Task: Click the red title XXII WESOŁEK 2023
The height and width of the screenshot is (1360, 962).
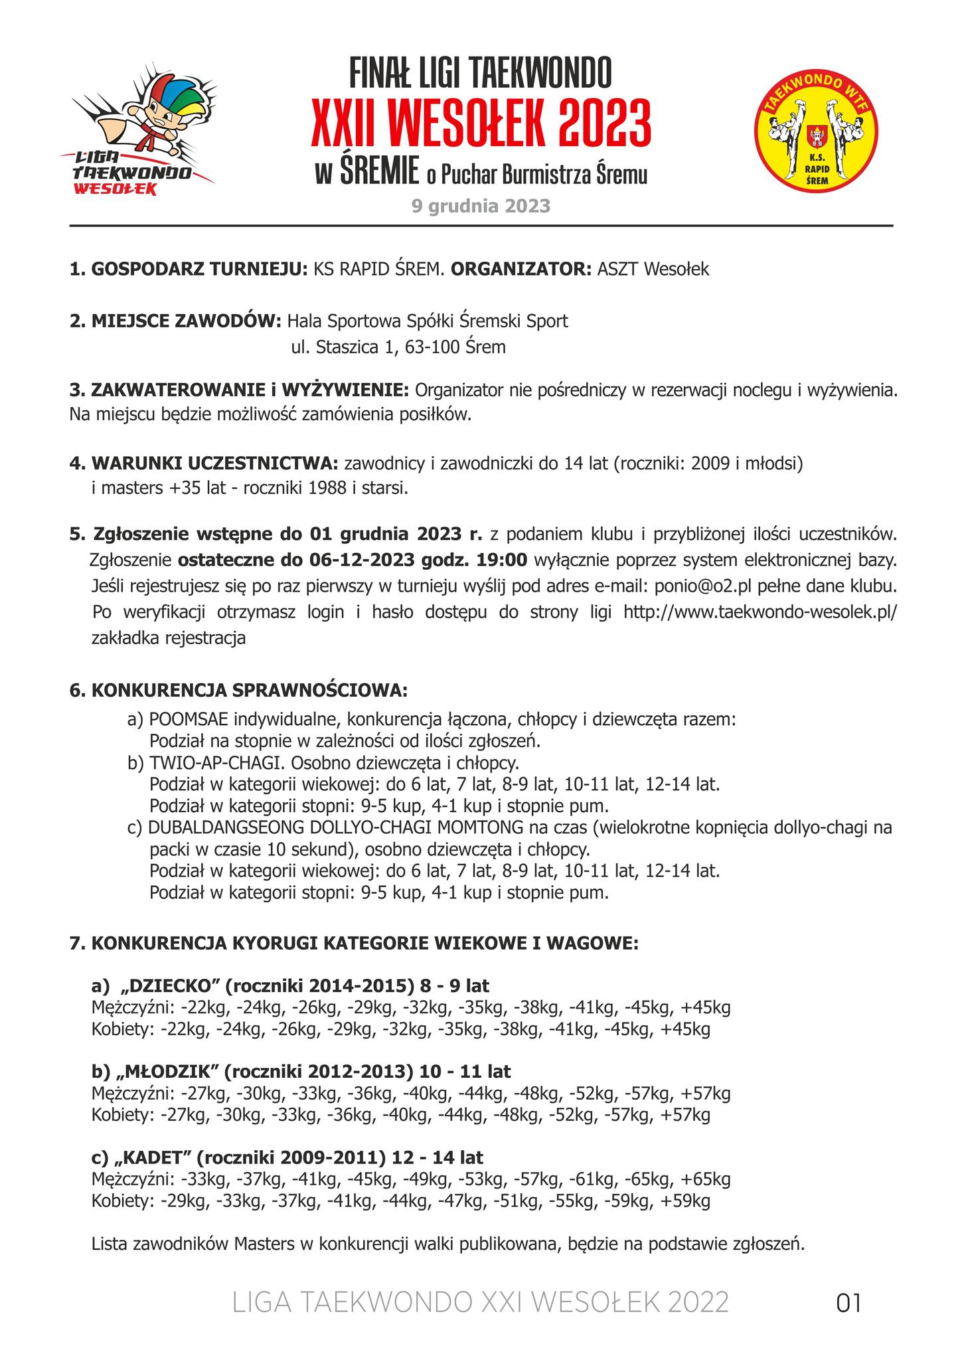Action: coord(481,124)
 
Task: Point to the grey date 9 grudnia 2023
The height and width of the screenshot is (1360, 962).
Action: coord(481,206)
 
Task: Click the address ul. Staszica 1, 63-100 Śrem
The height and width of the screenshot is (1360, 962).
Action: coord(398,347)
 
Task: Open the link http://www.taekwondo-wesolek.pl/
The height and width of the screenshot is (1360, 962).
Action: coord(760,612)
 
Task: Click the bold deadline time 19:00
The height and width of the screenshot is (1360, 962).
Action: coord(503,560)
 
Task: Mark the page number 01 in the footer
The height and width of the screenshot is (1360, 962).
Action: coord(848,1303)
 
